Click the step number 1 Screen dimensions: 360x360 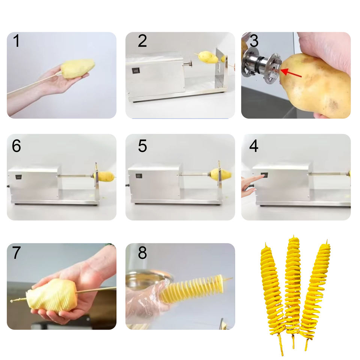(x=16, y=41)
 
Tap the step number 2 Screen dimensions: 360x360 (x=142, y=41)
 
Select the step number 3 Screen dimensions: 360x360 (x=254, y=41)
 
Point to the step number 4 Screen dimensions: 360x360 (x=254, y=146)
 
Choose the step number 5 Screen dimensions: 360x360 (x=142, y=146)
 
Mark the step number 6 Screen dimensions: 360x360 (x=16, y=146)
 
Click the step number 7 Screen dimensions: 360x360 (x=16, y=253)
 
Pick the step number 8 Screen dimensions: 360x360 (x=142, y=253)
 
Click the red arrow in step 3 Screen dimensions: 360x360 (x=291, y=74)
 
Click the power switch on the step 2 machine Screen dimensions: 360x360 (x=135, y=70)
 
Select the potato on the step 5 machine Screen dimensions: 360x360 (x=220, y=174)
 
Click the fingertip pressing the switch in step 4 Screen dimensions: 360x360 (x=263, y=176)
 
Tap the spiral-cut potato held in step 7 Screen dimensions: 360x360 (x=52, y=295)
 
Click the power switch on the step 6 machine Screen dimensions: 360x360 (x=18, y=177)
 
